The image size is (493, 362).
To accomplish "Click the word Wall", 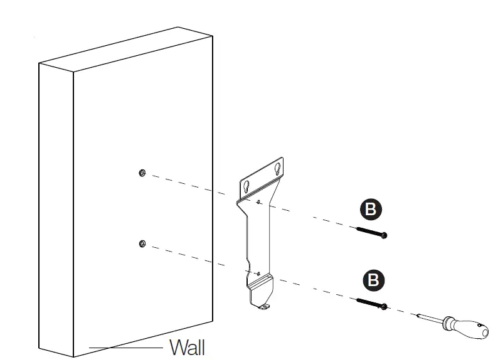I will tap(187, 347).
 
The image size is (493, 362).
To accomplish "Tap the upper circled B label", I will tap(371, 209).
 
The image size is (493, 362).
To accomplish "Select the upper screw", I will tap(371, 232).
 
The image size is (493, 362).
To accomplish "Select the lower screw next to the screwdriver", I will tap(372, 304).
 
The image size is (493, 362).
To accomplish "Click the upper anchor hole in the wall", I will tap(142, 173).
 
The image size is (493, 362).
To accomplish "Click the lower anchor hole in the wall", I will tap(142, 243).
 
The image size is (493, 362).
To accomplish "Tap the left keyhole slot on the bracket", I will tap(246, 187).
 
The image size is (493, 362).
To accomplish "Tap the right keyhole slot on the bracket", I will tap(278, 168).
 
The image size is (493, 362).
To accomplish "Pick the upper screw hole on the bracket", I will tap(258, 201).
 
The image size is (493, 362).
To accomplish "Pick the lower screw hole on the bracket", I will tap(258, 273).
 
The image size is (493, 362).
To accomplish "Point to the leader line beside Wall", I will tap(125, 347).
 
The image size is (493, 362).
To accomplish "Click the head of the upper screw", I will tap(384, 235).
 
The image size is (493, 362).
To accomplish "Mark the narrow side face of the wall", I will tap(56, 207).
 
